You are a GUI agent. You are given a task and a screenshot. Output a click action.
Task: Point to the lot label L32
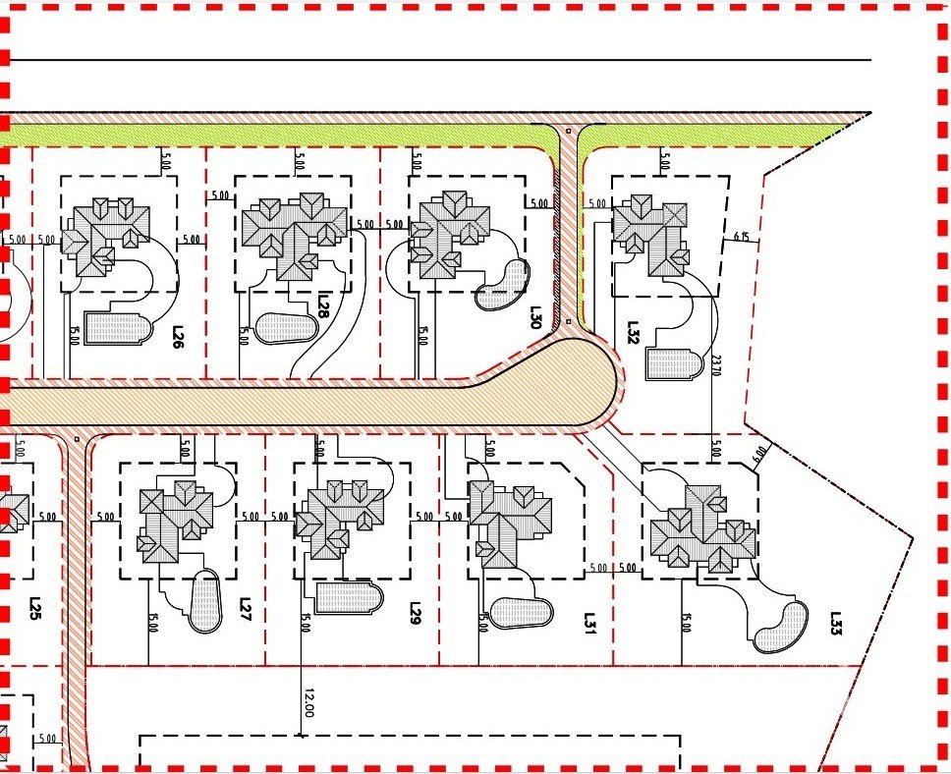pyautogui.click(x=633, y=331)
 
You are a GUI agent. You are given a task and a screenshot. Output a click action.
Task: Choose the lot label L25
pyautogui.click(x=35, y=609)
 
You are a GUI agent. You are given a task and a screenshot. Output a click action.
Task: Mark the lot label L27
pyautogui.click(x=246, y=610)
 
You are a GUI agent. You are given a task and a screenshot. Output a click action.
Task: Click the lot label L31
pyautogui.click(x=589, y=621)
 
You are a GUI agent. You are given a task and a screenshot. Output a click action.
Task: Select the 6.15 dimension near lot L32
pyautogui.click(x=742, y=237)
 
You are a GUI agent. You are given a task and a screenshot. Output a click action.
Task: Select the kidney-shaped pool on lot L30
pyautogui.click(x=501, y=285)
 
